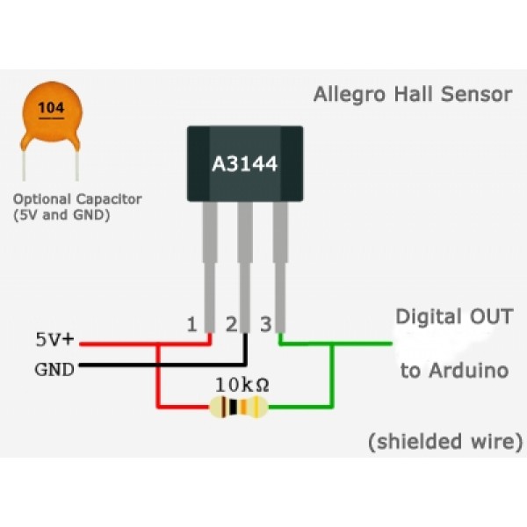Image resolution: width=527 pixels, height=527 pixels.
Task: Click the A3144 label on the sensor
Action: click(245, 163)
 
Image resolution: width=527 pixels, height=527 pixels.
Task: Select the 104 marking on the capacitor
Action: click(52, 110)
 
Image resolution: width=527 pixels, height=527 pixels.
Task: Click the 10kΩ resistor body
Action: click(238, 408)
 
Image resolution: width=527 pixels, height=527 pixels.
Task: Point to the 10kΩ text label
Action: click(242, 385)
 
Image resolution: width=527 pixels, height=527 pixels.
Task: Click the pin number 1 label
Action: click(191, 325)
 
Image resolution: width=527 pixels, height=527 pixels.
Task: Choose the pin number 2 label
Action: click(231, 325)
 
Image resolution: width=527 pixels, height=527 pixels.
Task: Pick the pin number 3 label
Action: click(265, 325)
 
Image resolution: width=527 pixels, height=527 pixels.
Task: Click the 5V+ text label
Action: click(55, 339)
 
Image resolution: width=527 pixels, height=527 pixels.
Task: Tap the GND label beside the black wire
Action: click(54, 368)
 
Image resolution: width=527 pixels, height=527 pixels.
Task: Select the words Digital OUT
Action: click(454, 315)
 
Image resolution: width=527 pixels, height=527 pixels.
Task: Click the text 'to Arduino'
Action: click(454, 371)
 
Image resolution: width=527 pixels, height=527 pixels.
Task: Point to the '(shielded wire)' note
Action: click(445, 441)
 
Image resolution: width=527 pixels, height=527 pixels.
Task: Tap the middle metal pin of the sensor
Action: click(245, 255)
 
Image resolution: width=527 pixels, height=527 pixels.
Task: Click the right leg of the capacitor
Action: click(76, 162)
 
